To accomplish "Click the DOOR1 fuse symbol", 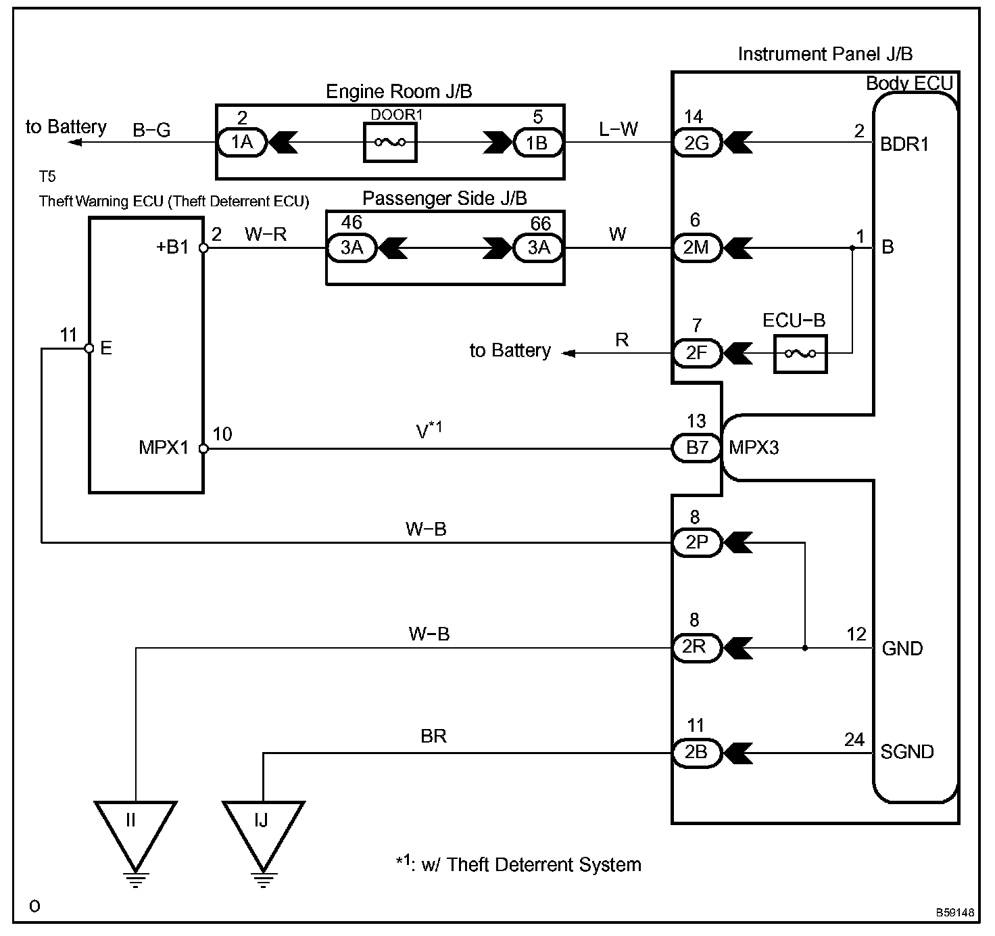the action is coord(390,143).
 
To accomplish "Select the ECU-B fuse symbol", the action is coord(800,354).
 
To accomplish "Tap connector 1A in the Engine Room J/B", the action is coord(242,143).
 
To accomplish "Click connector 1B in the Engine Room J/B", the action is coord(537,143).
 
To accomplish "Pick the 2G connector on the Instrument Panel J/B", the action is coord(696,143).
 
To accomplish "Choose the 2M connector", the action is coord(696,248).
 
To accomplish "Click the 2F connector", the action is coord(696,353).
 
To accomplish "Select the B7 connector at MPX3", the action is coord(696,448).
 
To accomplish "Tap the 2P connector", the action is coord(696,542).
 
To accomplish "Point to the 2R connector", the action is coord(696,648).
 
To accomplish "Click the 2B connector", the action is coord(696,753).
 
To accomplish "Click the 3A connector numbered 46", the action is coord(351,248).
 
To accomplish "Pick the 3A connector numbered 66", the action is coord(539,248).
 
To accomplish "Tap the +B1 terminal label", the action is coord(173,247).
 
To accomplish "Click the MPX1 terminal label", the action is coord(164,448).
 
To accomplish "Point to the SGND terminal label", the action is coord(907,752).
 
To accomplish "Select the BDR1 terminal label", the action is coord(904,144).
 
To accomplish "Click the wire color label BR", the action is coord(433,736).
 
